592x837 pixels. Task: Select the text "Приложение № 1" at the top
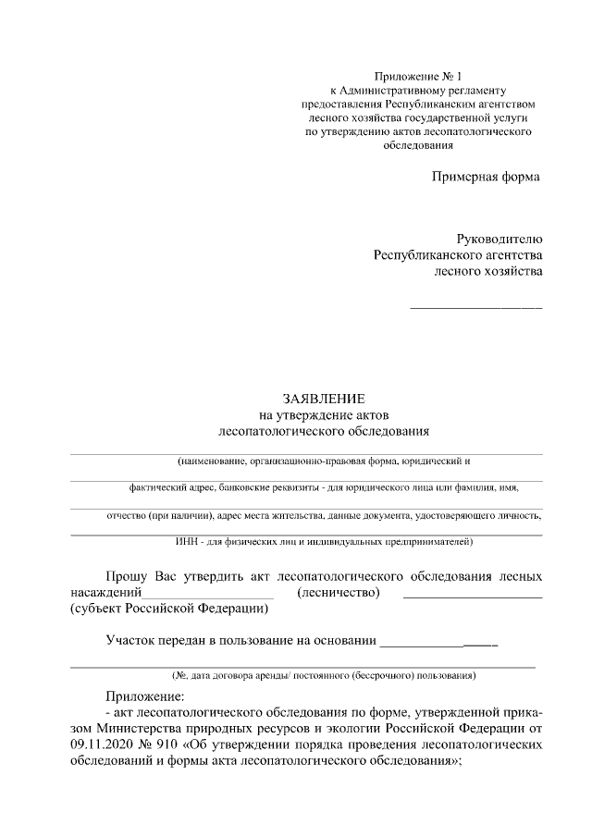pyautogui.click(x=420, y=76)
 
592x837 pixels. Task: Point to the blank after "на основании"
pyautogui.click(x=438, y=643)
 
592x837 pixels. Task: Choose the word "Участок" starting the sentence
pyautogui.click(x=130, y=639)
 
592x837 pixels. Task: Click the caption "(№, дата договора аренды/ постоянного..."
pyautogui.click(x=317, y=676)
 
